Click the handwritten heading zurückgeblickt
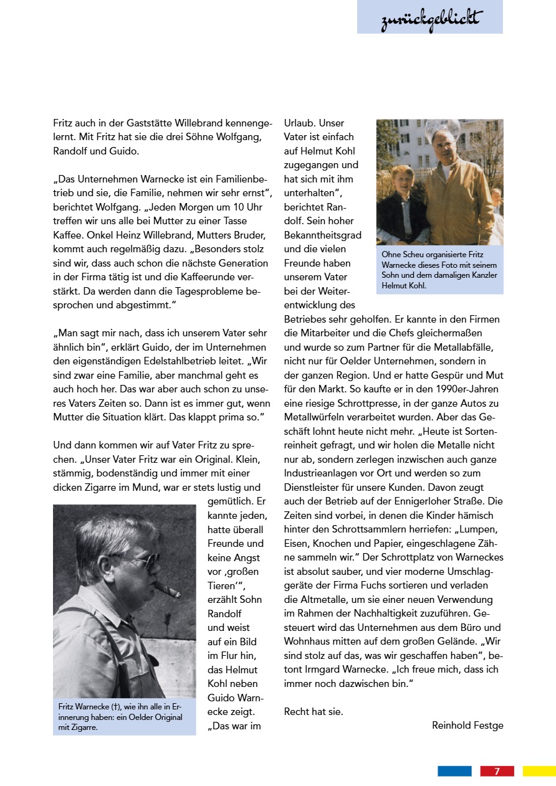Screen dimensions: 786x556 430,19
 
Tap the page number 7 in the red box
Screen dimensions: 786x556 497,771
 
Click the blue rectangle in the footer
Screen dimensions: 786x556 454,771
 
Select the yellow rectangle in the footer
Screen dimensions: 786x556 539,771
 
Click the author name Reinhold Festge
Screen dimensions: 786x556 467,725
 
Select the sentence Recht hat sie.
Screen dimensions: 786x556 313,711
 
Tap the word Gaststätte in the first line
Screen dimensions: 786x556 151,123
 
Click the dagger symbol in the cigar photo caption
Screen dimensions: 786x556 115,707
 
